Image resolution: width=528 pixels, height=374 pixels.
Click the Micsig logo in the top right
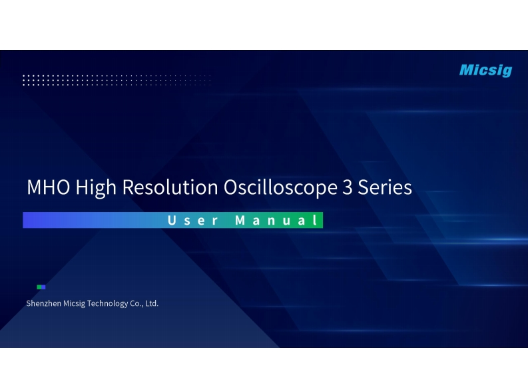tap(485, 70)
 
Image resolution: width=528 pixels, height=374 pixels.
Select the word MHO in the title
tap(49, 187)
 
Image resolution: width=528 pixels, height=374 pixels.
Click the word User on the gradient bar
tap(192, 221)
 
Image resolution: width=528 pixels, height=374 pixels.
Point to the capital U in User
tap(171, 221)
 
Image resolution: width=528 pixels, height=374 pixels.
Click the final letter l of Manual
tap(316, 221)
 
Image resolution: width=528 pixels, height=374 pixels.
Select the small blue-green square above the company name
tap(41, 287)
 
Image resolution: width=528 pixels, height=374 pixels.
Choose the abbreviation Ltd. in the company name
tap(152, 304)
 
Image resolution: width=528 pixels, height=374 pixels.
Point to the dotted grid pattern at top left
tap(117, 81)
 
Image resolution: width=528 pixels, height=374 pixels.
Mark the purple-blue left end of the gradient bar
tap(30, 221)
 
